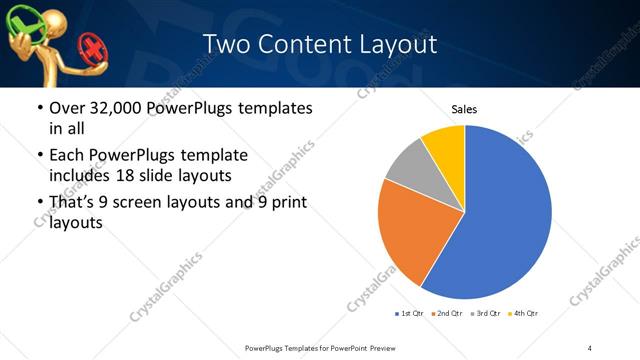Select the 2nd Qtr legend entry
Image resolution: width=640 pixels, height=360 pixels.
447,314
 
